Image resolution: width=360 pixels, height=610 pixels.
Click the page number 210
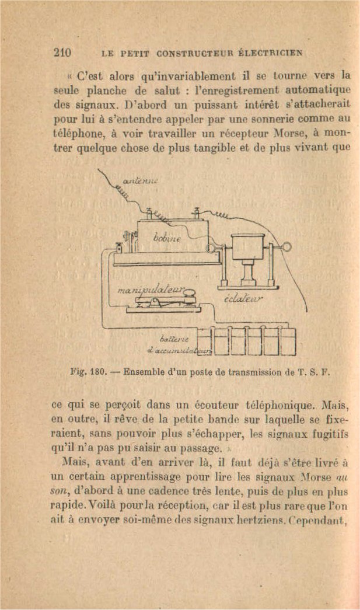(62, 52)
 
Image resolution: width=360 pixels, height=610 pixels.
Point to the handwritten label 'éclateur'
(244, 299)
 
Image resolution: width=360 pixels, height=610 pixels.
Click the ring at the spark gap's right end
(285, 247)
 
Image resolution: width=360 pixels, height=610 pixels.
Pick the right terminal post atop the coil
(197, 211)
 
